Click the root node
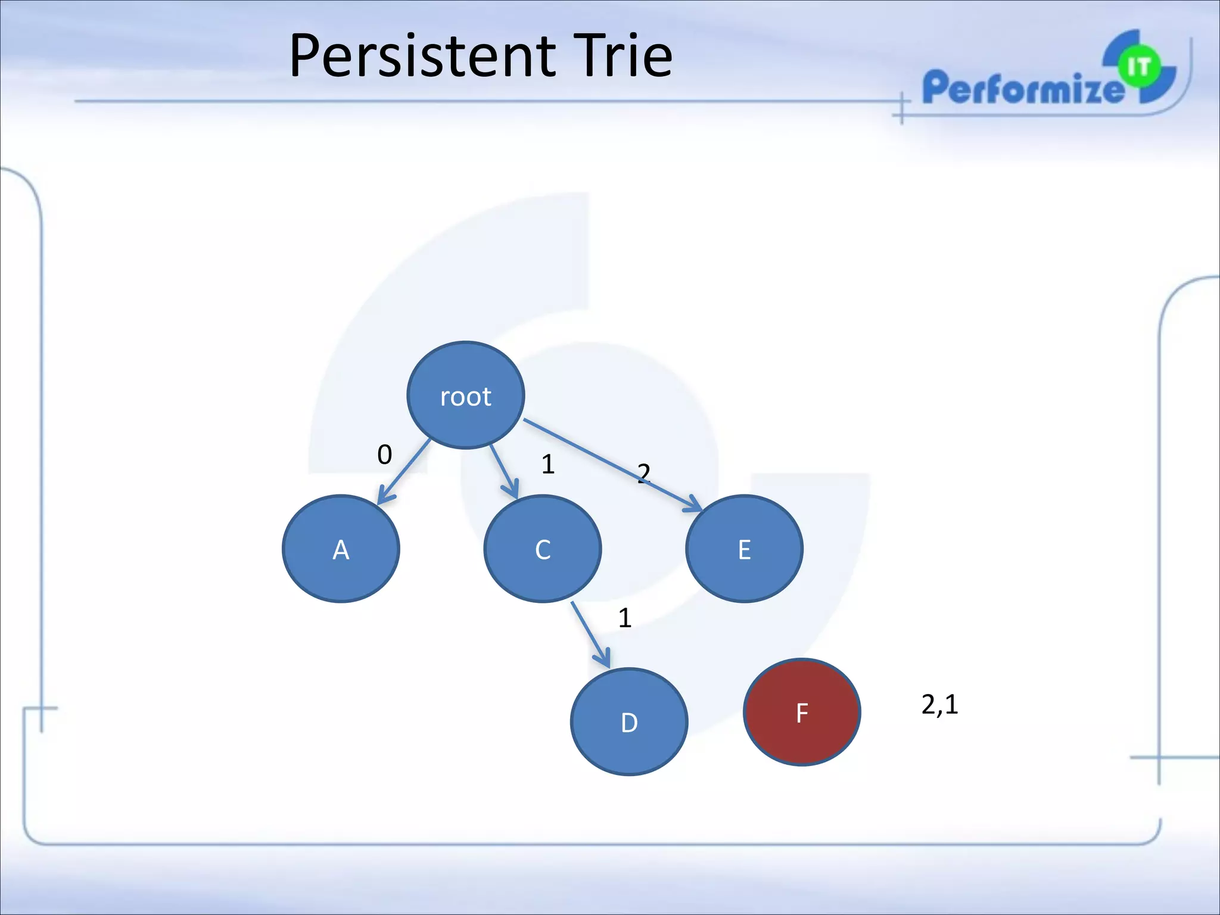465,396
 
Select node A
341,549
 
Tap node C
542,549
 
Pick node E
744,549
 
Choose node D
629,721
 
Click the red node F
802,712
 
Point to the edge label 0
385,455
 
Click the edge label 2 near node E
643,473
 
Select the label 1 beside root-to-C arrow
548,464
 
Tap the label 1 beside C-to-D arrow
624,618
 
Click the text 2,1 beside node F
939,705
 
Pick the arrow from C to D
590,634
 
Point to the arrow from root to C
503,471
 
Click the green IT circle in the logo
1138,67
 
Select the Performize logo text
1022,88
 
